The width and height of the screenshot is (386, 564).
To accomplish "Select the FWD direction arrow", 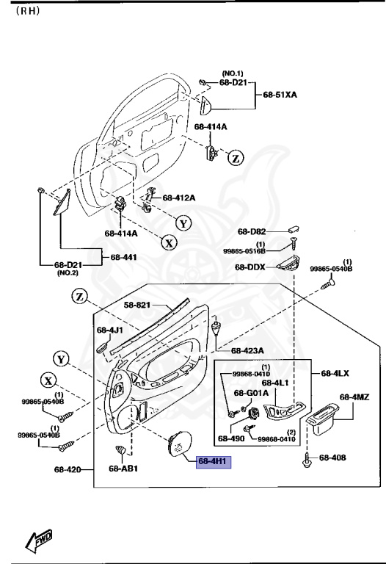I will pos(38,543).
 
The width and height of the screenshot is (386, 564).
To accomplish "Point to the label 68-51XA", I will pos(280,95).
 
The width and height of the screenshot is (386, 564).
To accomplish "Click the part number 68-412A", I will pos(179,198).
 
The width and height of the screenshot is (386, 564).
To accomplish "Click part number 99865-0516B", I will pos(245,251).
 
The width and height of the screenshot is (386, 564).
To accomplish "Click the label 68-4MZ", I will pos(354,397).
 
